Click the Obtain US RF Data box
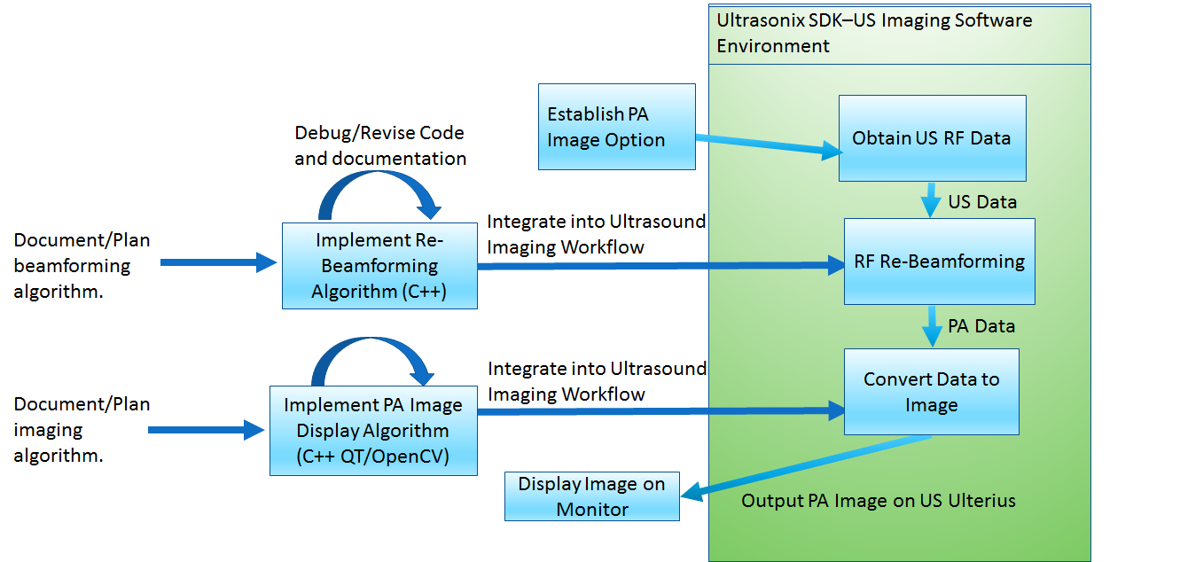coord(932,138)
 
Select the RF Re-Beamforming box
coord(939,261)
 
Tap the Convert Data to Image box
coord(931,392)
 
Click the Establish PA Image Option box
coord(616,127)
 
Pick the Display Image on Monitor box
coord(591,496)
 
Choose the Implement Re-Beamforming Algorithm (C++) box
coord(379,266)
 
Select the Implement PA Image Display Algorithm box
coord(373,431)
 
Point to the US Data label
coord(982,202)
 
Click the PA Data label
coord(981,326)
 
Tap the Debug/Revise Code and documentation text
coord(380,145)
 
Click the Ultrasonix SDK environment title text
coord(874,33)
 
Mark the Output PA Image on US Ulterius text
coord(878,502)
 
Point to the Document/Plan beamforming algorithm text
coord(82,266)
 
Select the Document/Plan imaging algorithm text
coord(82,430)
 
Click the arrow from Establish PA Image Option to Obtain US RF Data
coord(768,146)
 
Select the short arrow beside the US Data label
coord(930,200)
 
